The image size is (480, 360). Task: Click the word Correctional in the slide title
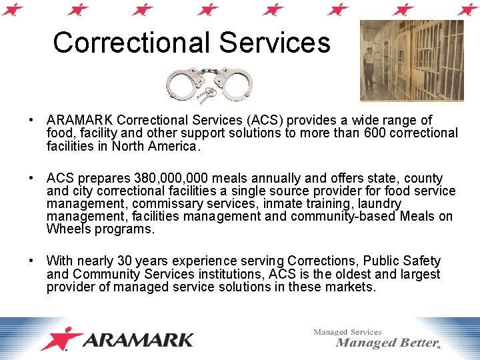(133, 43)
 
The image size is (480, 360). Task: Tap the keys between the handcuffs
(209, 93)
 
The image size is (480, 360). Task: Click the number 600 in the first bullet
(378, 133)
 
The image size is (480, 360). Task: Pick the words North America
(154, 145)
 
